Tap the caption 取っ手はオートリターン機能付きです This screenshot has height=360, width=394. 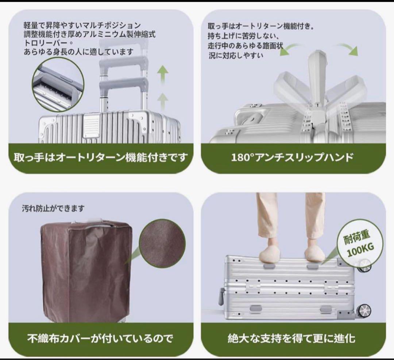pos(101,158)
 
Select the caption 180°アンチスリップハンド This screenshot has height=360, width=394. pos(292,158)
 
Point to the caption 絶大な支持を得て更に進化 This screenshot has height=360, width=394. pos(292,338)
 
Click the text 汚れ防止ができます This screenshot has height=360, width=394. pos(53,209)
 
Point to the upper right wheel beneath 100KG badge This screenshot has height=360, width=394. pos(364,265)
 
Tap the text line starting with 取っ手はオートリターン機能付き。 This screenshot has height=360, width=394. pos(261,27)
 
